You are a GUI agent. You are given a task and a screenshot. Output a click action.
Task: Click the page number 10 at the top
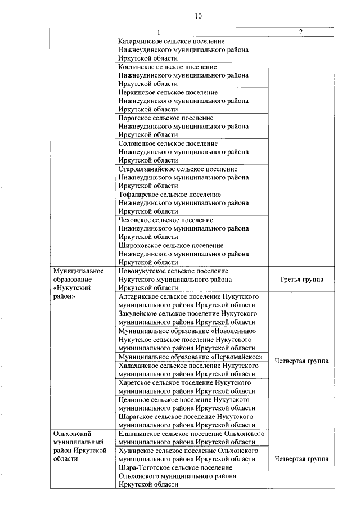tap(197, 16)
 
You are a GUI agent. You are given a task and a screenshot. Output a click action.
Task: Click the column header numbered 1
tap(159, 32)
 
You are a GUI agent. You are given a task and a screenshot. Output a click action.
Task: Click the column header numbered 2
tap(301, 32)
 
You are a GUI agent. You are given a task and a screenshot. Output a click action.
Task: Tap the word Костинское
tap(137, 67)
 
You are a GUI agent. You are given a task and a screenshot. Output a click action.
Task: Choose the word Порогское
tap(135, 118)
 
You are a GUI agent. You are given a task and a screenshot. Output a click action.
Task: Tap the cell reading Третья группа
tap(301, 280)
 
